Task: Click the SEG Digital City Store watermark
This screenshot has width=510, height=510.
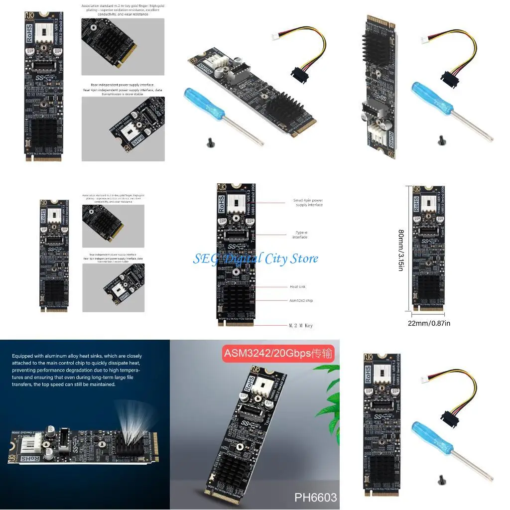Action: pyautogui.click(x=255, y=258)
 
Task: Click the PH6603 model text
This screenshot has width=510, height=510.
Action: pyautogui.click(x=315, y=497)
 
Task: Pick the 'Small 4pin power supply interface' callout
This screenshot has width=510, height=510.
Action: pyautogui.click(x=309, y=203)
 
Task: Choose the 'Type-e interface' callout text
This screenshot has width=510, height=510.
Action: pyautogui.click(x=300, y=235)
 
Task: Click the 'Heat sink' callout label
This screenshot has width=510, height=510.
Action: pyautogui.click(x=298, y=287)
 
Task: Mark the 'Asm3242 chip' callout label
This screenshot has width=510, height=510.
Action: pyautogui.click(x=301, y=301)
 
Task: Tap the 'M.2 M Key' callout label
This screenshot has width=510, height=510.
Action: pyautogui.click(x=301, y=326)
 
